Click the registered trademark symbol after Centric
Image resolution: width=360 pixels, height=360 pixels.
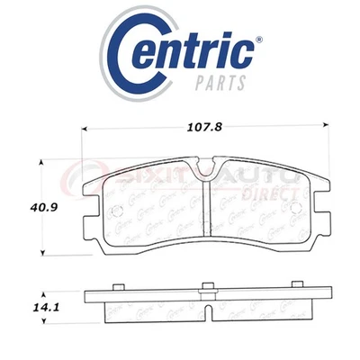261,40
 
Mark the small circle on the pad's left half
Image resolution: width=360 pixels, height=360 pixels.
111,212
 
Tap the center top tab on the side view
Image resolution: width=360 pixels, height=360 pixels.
208,287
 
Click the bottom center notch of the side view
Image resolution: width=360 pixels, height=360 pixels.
208,314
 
